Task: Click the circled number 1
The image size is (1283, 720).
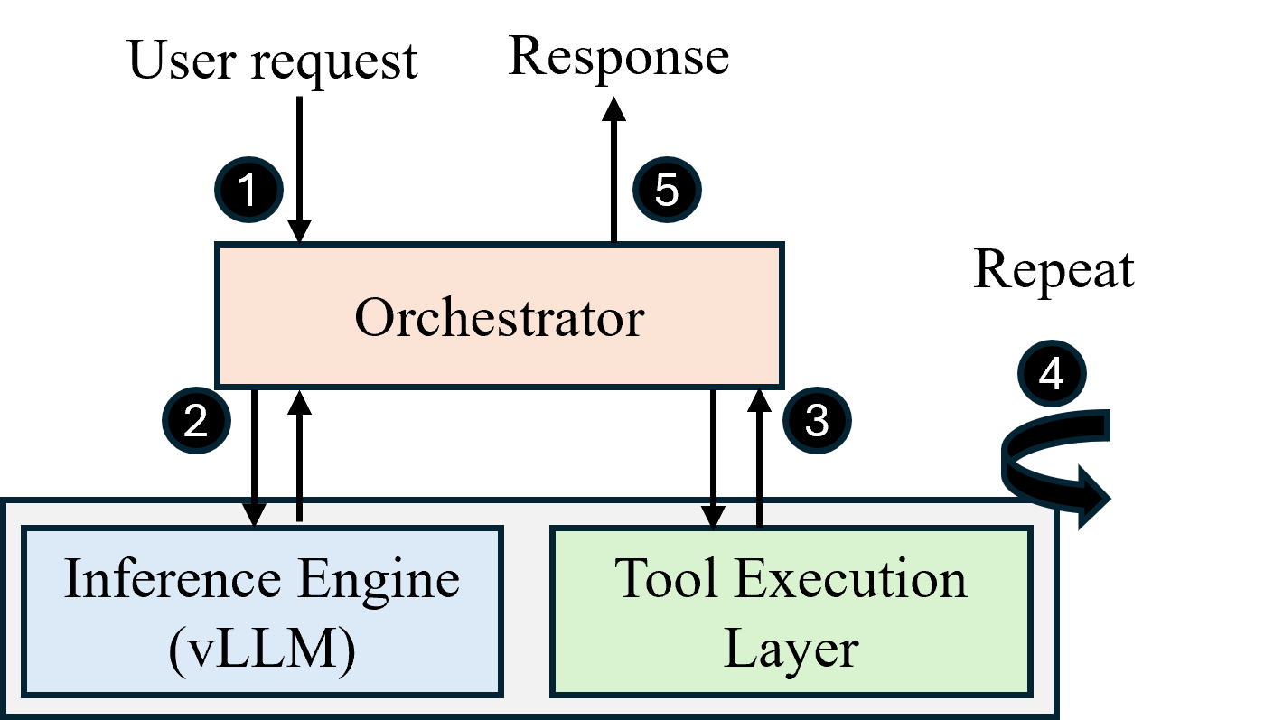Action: pos(248,191)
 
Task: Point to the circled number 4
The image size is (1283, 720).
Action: pos(1052,374)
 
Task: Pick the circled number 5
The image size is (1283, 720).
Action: pos(667,191)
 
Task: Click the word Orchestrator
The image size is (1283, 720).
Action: pos(499,318)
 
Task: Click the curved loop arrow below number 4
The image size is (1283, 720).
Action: pos(1057,463)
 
